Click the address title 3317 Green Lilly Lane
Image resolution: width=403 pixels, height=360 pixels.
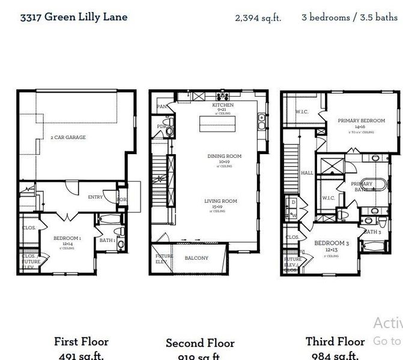(73, 16)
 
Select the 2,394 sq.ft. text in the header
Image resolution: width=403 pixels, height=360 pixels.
(258, 17)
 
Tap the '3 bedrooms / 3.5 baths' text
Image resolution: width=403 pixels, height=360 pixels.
(349, 17)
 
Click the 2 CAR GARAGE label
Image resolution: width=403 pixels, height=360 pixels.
(68, 137)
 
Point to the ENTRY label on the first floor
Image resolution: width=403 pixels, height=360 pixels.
(95, 197)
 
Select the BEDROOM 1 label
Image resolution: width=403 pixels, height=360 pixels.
(67, 238)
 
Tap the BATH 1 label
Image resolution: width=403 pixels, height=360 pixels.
(107, 241)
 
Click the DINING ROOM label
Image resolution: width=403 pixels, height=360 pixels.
(224, 156)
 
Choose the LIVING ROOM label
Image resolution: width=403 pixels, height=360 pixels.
(221, 201)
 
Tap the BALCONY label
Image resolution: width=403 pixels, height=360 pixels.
(196, 258)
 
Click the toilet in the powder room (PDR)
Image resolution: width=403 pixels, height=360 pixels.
(170, 127)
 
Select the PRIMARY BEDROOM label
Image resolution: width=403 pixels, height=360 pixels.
(361, 121)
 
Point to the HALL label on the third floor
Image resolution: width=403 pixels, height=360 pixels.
(307, 172)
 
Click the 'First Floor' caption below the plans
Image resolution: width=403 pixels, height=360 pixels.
(81, 341)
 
